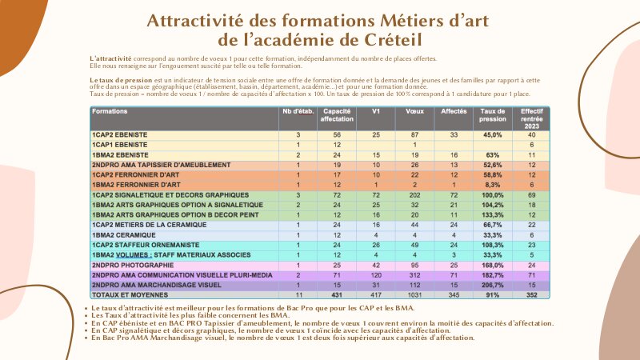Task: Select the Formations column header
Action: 113,110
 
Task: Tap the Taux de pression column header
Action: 493,114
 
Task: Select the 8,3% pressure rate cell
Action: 493,184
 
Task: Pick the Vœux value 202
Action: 414,194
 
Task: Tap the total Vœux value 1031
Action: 414,294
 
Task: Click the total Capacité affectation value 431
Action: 338,294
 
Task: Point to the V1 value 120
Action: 376,274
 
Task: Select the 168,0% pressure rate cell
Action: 493,263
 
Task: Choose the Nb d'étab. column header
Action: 298,110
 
